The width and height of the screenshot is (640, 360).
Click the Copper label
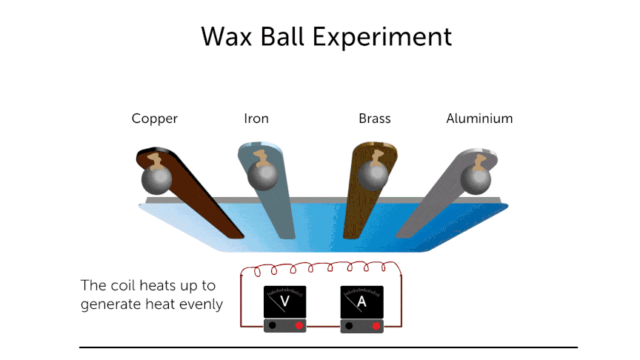click(155, 119)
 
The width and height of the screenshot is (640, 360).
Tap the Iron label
click(256, 119)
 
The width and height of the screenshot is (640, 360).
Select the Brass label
click(374, 119)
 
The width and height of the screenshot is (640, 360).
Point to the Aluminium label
click(479, 119)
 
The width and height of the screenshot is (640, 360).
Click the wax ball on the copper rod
click(156, 179)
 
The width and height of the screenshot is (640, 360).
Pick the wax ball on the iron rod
click(261, 176)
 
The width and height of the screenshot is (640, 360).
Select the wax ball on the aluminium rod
click(474, 179)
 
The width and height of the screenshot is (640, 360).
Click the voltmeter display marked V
click(283, 302)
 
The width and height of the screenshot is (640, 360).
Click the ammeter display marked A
click(361, 302)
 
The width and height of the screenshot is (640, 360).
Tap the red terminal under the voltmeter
click(299, 326)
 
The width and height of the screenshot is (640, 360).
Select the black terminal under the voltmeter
click(273, 326)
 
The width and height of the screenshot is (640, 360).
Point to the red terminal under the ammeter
click(376, 326)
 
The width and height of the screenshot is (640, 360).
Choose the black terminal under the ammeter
click(350, 326)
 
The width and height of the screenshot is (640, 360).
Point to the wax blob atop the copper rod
click(155, 159)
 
